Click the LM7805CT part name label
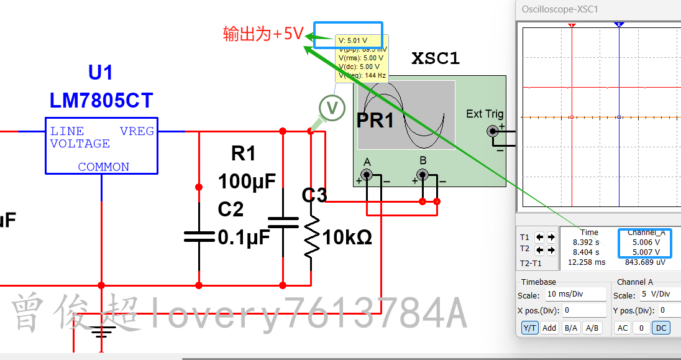101,101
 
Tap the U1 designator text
101,73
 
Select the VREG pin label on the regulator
137,131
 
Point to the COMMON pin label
103,167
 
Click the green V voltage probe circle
332,108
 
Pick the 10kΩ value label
347,237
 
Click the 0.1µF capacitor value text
244,238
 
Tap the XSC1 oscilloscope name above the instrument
436,59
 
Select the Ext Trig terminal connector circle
493,131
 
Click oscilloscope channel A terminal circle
367,175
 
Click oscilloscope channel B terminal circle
423,175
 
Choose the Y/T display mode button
529,328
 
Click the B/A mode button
570,328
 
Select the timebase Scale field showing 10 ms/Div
575,295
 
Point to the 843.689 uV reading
644,262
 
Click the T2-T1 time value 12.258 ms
586,262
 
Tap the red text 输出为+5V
263,34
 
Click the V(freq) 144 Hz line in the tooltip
362,75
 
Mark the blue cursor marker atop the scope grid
619,24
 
